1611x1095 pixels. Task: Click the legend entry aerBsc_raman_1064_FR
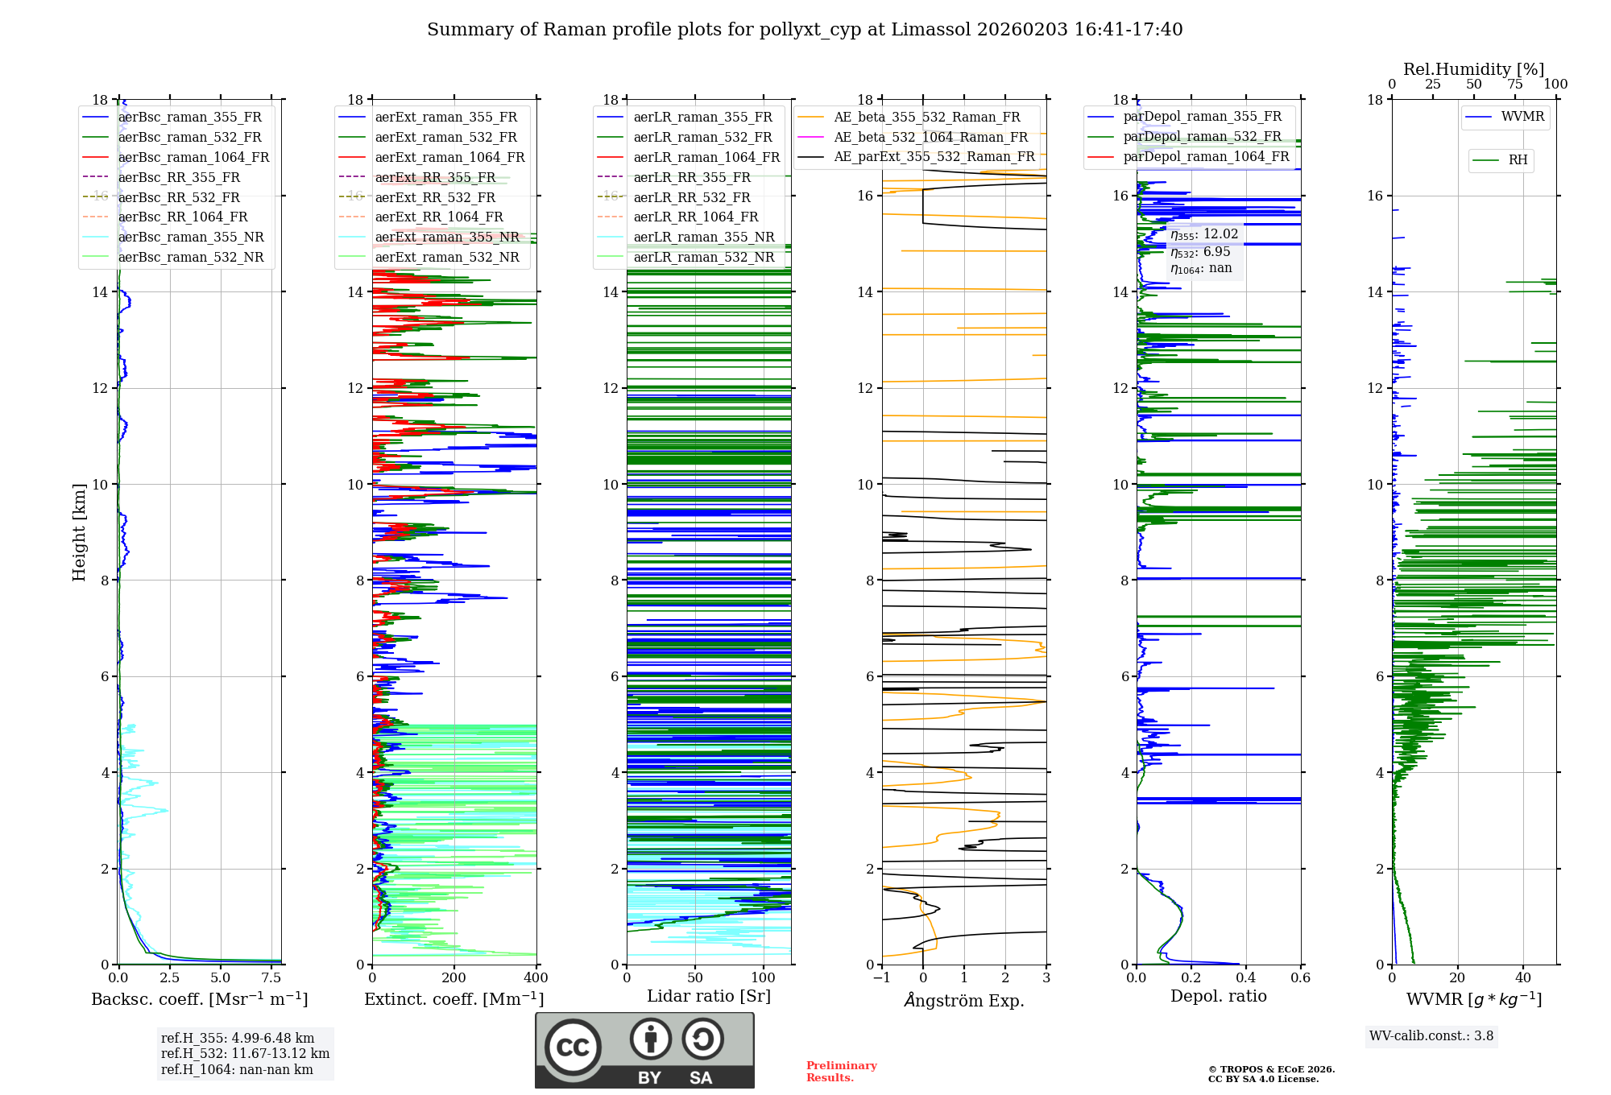pyautogui.click(x=193, y=158)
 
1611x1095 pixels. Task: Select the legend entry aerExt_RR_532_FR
pyautogui.click(x=435, y=197)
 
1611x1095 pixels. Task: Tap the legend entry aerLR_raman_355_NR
pyautogui.click(x=703, y=238)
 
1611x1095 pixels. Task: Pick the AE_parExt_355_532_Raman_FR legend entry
pyautogui.click(x=934, y=157)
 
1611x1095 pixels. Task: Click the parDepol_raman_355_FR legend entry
pyautogui.click(x=1202, y=117)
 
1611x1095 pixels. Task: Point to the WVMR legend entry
pyautogui.click(x=1522, y=117)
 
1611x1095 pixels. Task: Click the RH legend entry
pyautogui.click(x=1518, y=160)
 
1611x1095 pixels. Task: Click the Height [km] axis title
pyautogui.click(x=79, y=531)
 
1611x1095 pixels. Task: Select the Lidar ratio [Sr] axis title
pyautogui.click(x=708, y=996)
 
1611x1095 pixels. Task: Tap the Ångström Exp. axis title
pyautogui.click(x=964, y=1000)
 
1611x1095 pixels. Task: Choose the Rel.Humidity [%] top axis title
pyautogui.click(x=1473, y=69)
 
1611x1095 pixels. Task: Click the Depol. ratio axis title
pyautogui.click(x=1218, y=996)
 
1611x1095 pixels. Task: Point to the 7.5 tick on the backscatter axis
pyautogui.click(x=271, y=978)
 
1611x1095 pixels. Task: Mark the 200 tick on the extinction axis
pyautogui.click(x=454, y=978)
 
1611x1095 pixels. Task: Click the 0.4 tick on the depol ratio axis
pyautogui.click(x=1245, y=978)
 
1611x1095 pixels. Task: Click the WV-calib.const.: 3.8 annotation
pyautogui.click(x=1431, y=1036)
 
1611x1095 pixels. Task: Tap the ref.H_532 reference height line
pyautogui.click(x=245, y=1054)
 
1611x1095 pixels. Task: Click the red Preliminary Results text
pyautogui.click(x=841, y=1072)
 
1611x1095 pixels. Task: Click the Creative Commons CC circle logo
pyautogui.click(x=573, y=1047)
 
